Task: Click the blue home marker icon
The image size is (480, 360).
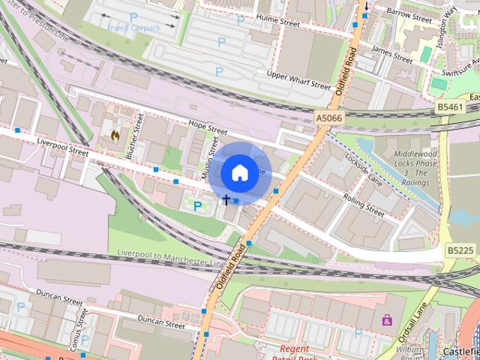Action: coord(239,172)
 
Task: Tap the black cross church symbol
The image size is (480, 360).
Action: coord(226,199)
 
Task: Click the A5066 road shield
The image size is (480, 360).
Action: coord(328,118)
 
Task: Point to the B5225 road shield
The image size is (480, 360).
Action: coord(460,250)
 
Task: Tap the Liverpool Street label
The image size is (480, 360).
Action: coord(61,146)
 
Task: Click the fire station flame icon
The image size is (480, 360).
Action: coord(115,136)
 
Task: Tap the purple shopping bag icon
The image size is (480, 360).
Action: coord(387,320)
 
